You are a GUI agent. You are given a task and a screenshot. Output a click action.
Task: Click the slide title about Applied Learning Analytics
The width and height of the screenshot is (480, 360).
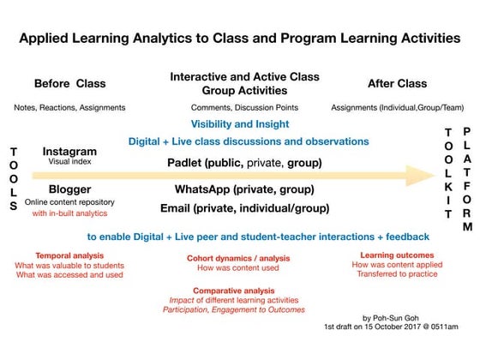tap(239, 39)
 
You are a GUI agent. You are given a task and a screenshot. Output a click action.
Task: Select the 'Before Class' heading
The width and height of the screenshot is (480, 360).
tap(69, 84)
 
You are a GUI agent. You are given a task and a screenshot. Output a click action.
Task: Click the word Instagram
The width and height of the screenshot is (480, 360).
tap(69, 152)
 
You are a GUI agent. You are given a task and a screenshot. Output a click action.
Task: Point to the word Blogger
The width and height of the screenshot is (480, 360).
tap(69, 189)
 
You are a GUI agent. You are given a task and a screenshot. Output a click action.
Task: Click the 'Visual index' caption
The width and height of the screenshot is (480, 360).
tap(69, 164)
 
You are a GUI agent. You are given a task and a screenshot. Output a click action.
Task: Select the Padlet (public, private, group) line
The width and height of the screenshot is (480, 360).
tap(244, 162)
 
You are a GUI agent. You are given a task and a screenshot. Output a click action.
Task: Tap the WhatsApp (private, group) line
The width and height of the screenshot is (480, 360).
tap(244, 189)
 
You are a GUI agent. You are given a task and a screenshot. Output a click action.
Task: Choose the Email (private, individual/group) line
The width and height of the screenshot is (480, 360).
tap(244, 208)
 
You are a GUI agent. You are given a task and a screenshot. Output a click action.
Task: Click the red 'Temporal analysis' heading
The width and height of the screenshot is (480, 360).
tap(69, 255)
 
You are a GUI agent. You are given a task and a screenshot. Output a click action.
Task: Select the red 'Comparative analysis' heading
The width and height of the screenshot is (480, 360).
tap(233, 291)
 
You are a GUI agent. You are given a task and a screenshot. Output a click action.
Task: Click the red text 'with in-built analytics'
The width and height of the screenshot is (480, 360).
tap(69, 213)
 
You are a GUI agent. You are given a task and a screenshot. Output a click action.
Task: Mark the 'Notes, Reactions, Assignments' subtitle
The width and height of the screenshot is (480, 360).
tap(69, 107)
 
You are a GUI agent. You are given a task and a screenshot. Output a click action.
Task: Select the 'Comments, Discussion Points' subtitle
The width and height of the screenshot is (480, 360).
tap(244, 107)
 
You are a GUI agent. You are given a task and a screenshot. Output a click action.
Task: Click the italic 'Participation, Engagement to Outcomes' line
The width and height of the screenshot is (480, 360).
tap(233, 309)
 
